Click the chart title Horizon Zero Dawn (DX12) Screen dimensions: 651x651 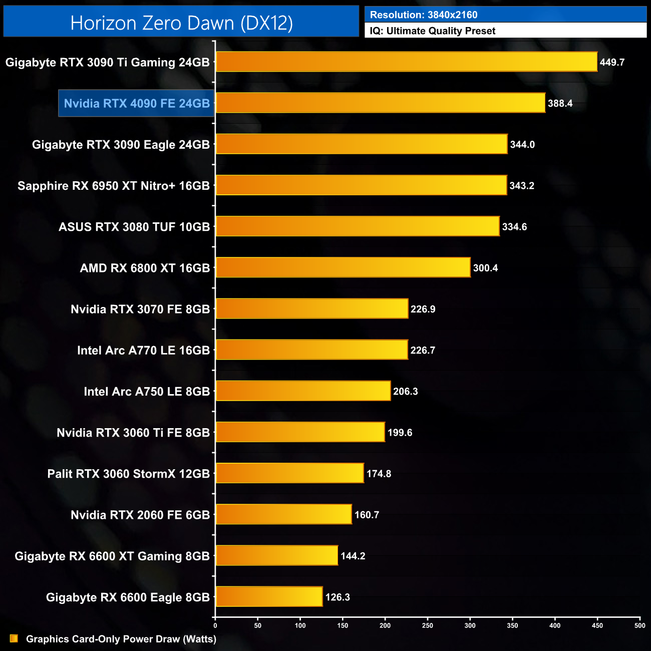click(x=181, y=23)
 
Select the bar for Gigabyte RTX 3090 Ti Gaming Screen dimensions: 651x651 click(x=406, y=62)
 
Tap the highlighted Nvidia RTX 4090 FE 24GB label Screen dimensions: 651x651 click(x=137, y=104)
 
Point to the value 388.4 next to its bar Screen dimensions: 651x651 click(x=560, y=104)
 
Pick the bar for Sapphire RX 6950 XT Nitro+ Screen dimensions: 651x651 click(x=361, y=185)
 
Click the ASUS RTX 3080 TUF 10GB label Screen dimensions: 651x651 click(x=134, y=227)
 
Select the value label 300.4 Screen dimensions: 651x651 click(x=485, y=268)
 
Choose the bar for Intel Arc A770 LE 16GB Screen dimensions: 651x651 click(x=311, y=350)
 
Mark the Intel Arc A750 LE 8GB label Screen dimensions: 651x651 click(x=147, y=392)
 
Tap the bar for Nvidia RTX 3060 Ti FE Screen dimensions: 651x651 click(x=300, y=432)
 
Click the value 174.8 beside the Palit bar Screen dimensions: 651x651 click(x=379, y=474)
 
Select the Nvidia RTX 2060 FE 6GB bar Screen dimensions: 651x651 click(x=283, y=514)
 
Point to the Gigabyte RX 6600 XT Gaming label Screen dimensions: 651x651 click(x=112, y=556)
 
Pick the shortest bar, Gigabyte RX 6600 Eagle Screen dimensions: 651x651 click(x=269, y=596)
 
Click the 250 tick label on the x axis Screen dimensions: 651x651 click(x=428, y=625)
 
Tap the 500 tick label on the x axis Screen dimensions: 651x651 click(x=639, y=625)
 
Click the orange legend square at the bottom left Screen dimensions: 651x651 click(x=14, y=638)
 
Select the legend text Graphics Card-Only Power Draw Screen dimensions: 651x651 click(x=121, y=639)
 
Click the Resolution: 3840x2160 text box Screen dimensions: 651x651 click(x=505, y=15)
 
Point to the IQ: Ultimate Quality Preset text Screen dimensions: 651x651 click(x=433, y=31)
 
